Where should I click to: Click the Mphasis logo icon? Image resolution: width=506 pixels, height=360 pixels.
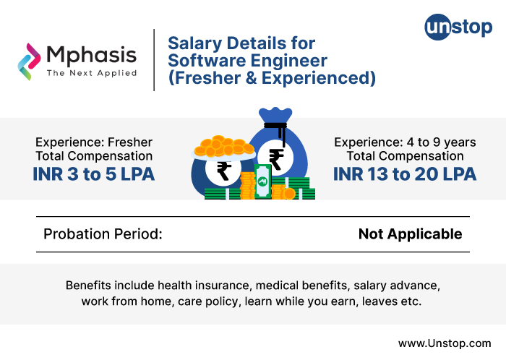[30, 61]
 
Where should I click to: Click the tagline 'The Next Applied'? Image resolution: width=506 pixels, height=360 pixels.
[91, 73]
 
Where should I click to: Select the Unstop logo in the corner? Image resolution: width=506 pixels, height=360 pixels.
[458, 28]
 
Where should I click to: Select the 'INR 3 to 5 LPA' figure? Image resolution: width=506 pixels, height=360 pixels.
[93, 173]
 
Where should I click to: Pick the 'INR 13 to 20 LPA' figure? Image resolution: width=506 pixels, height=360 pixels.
[404, 173]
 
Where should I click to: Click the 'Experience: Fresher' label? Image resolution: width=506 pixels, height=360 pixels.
[94, 142]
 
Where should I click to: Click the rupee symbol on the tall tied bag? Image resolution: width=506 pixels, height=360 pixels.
[276, 158]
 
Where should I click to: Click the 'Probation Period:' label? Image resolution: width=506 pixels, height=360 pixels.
[103, 234]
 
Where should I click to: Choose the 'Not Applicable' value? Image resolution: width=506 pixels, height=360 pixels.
[410, 234]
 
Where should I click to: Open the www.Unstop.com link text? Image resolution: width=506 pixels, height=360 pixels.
[445, 343]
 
